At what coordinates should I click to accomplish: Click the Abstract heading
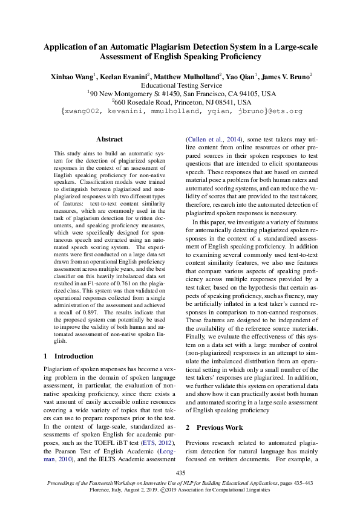coord(110,139)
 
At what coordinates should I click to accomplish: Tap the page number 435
coord(180,472)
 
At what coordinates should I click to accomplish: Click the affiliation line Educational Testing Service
coord(180,86)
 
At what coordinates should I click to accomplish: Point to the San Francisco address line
coord(180,94)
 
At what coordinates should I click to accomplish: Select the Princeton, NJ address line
coord(180,103)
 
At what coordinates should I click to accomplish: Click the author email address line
coord(180,112)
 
